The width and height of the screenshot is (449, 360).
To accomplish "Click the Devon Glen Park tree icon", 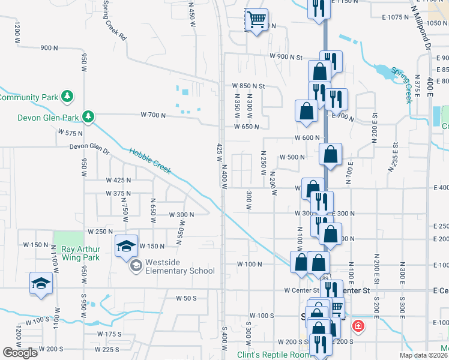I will click(88, 116).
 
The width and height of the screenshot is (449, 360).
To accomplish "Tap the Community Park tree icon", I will click(68, 95).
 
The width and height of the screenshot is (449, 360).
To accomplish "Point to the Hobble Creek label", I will click(150, 161).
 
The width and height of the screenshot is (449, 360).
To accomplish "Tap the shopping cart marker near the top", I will click(256, 20).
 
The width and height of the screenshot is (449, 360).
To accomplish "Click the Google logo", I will click(20, 353).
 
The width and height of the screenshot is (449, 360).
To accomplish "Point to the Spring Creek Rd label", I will click(113, 19).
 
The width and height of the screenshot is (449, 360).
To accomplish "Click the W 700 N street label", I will click(152, 115).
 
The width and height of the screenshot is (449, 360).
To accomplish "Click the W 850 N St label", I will click(248, 86).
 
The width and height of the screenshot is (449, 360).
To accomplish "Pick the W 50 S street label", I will click(186, 298).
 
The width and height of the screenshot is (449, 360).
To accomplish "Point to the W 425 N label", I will click(118, 180).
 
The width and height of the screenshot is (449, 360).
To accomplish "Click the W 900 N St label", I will click(286, 58).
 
